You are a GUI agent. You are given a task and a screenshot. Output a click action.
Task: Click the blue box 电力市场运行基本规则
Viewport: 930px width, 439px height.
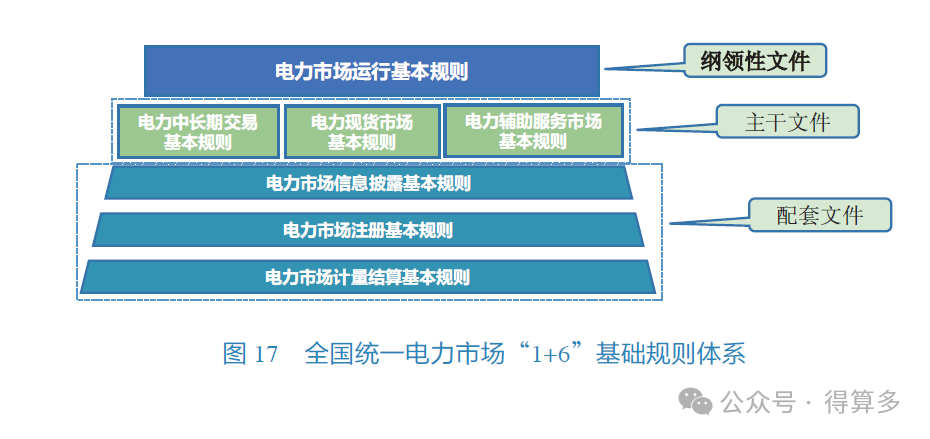point(371,71)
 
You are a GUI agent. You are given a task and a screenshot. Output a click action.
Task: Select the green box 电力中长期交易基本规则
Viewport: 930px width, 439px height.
point(197,131)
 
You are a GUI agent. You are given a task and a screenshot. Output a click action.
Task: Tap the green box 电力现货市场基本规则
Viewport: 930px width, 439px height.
point(361,131)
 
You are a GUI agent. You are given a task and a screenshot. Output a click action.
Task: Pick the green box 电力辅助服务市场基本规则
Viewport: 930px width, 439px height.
point(533,131)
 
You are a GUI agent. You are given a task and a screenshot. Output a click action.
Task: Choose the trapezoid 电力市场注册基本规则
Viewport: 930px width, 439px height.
point(367,230)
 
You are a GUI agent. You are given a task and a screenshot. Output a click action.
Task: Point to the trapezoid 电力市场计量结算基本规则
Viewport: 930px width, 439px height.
point(367,277)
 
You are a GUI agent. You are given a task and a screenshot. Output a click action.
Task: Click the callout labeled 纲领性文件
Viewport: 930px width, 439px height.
point(757,62)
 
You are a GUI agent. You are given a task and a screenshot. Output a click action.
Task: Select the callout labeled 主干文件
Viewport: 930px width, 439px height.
point(787,121)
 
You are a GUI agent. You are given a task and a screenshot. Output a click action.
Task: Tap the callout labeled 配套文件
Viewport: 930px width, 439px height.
point(819,214)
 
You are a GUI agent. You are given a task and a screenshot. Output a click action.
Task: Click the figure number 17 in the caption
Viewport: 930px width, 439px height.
point(265,354)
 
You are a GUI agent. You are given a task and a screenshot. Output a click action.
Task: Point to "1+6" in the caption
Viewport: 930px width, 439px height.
point(556,354)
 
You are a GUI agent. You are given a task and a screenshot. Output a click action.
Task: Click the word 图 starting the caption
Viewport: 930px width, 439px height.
point(234,354)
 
